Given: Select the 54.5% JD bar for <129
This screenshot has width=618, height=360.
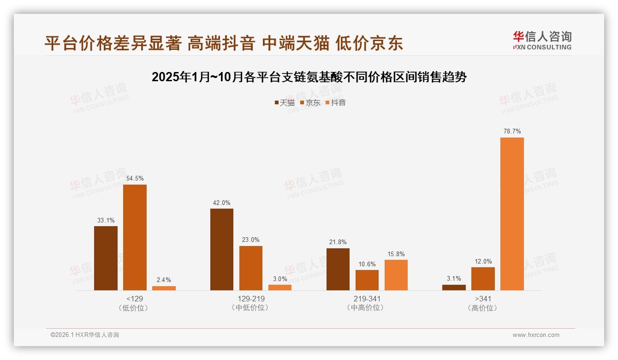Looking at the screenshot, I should [x=135, y=237].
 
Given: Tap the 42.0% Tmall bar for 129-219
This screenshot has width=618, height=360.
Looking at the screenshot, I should [x=222, y=249].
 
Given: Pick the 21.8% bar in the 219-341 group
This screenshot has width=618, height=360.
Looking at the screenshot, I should [x=338, y=269].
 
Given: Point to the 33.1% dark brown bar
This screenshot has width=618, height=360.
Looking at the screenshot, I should [x=106, y=258].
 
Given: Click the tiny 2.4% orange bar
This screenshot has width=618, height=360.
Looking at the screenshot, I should [x=164, y=288].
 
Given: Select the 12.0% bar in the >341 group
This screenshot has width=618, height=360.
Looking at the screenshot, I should [x=483, y=279].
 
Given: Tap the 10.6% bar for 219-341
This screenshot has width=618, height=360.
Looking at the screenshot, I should [x=367, y=280].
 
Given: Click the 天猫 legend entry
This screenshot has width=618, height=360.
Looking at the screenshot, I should [x=284, y=102].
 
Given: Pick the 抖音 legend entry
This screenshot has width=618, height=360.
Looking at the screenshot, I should [x=335, y=102].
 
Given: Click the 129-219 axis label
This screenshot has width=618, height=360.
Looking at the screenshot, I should [x=251, y=299].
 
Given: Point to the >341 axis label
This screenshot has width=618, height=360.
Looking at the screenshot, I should [x=483, y=299].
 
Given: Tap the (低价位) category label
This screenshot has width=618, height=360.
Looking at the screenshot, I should [x=135, y=308].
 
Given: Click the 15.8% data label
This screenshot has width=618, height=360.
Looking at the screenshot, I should [x=396, y=254].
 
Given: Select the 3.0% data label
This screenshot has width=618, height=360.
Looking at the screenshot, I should [x=280, y=279].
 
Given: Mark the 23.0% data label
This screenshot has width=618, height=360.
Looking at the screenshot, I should [x=251, y=240].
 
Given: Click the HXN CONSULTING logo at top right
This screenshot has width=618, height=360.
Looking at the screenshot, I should [x=542, y=40].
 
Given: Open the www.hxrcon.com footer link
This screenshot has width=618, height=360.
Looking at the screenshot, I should [x=536, y=335].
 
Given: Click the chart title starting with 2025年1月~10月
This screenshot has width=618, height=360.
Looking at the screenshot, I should [x=309, y=77].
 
